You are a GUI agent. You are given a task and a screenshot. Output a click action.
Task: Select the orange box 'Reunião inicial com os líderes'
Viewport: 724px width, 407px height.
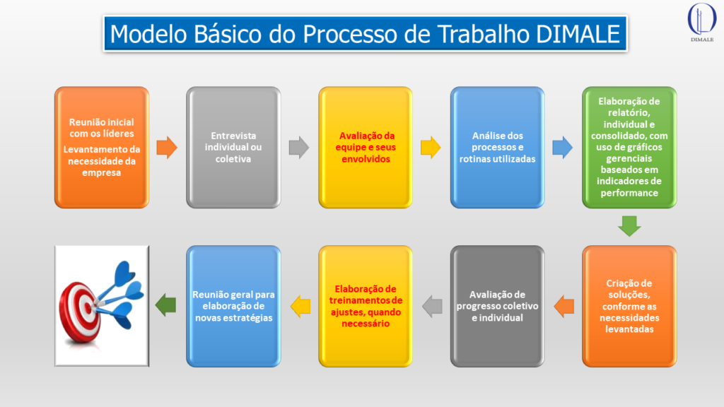point(101,147)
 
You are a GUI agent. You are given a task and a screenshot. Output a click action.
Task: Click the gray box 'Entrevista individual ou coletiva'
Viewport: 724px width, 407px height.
point(233,147)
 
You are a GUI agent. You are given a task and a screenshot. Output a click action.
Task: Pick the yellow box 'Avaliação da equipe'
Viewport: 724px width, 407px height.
point(366,147)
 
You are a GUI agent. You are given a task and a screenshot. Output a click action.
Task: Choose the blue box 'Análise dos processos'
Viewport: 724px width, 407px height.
point(497,147)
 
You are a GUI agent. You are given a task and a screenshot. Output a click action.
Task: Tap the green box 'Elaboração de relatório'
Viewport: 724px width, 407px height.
point(629,147)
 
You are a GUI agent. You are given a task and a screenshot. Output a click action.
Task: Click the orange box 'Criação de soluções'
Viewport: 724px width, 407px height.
point(629,305)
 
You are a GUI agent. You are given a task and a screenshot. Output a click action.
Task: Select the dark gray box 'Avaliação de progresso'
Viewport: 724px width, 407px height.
point(497,305)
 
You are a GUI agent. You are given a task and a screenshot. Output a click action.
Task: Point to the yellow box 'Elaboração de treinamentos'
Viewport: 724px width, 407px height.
point(366,305)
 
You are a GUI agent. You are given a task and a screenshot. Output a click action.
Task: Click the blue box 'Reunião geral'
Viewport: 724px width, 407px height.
point(233,305)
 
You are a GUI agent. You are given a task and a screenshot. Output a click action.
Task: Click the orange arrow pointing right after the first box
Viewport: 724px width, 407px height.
point(167,148)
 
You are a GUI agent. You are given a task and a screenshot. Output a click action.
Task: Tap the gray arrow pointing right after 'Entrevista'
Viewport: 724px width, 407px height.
point(299,148)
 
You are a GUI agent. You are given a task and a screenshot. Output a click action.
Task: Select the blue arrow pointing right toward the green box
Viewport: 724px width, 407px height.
point(563,148)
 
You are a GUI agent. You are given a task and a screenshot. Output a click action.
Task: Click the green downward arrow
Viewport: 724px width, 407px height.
point(629,225)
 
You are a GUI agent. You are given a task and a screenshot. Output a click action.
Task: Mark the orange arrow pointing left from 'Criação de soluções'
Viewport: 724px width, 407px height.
point(564,305)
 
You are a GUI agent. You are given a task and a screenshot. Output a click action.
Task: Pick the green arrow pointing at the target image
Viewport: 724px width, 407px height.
point(167,305)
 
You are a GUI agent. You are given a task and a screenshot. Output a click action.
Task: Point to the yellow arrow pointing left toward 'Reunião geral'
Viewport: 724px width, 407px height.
point(300,305)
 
